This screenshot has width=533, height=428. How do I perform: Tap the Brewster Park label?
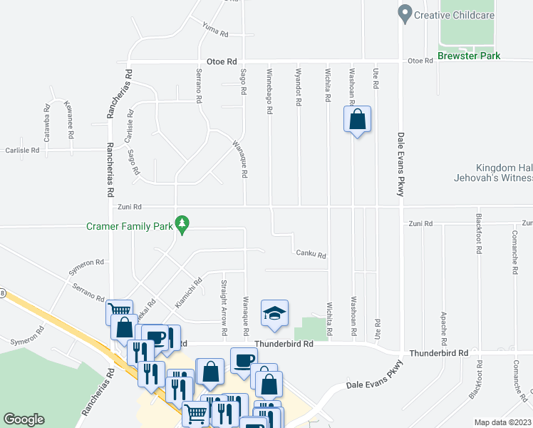[x=469, y=56]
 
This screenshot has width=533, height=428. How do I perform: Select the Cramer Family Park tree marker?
[x=183, y=225]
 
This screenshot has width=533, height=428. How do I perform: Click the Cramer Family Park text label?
[x=130, y=226]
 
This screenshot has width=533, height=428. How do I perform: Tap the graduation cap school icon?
[x=274, y=314]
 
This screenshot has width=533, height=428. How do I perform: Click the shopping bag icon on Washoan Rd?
[x=358, y=119]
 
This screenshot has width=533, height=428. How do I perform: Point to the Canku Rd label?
[x=311, y=254]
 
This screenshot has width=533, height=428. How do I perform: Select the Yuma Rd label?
[x=214, y=30]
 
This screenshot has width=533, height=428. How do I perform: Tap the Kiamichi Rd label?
[x=188, y=292]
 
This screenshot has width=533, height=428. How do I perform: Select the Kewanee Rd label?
[x=69, y=114]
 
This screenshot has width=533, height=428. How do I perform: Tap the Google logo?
[x=24, y=419]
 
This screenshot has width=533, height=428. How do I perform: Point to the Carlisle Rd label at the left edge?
[x=21, y=151]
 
